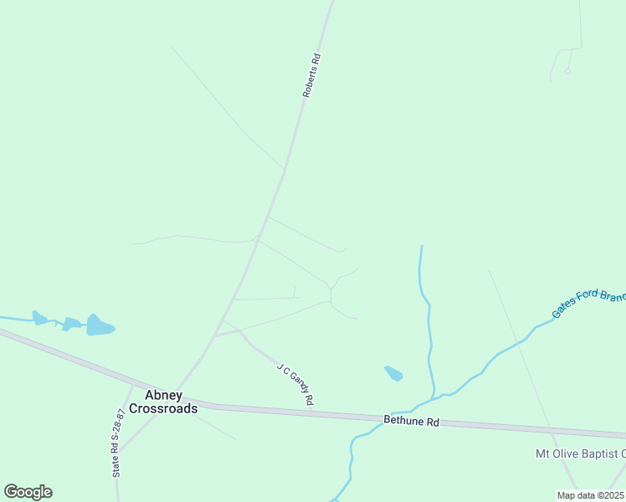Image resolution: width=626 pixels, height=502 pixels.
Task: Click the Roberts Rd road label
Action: (311, 77)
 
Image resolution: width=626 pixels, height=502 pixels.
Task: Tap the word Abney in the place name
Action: (163, 396)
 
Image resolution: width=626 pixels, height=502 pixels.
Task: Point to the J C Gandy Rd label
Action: (295, 385)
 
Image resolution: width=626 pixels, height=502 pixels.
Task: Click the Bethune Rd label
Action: (412, 422)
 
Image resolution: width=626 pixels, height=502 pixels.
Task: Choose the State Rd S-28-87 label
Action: (118, 443)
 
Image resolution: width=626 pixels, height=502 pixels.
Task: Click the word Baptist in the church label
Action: (595, 453)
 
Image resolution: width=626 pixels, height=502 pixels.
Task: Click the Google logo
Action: (28, 492)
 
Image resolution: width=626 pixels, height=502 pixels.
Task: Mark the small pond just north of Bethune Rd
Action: (393, 373)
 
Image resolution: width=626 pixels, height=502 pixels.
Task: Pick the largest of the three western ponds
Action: (100, 325)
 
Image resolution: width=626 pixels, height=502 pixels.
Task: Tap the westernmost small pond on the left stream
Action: (39, 318)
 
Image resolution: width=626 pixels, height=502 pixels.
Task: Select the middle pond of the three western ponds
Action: (72, 323)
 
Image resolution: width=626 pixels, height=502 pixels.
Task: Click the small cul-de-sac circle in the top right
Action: (567, 71)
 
